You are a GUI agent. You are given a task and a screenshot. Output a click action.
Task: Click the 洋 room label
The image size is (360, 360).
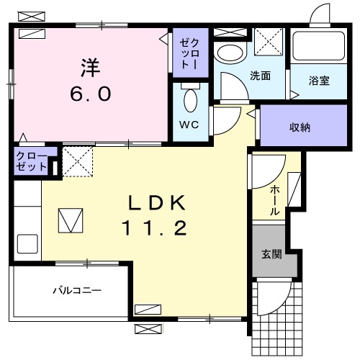(x=90, y=69)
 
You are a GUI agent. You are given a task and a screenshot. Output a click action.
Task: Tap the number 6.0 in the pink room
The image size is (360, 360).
(x=90, y=94)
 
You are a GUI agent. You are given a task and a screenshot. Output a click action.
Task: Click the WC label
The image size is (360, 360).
(x=188, y=122)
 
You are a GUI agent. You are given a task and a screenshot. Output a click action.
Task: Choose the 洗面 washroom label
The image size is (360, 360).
(x=260, y=76)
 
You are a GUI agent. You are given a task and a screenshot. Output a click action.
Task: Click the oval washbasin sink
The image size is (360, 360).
(x=230, y=53)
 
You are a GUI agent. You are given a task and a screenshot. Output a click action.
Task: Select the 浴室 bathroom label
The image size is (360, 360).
(x=319, y=81)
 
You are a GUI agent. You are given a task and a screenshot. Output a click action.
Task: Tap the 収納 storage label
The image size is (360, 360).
(x=300, y=127)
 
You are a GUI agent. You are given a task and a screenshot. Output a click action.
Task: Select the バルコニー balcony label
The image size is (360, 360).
(x=76, y=292)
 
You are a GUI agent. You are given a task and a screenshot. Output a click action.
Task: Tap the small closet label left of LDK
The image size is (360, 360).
(x=32, y=161)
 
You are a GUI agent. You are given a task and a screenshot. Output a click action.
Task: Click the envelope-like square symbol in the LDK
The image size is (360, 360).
(x=71, y=220)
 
